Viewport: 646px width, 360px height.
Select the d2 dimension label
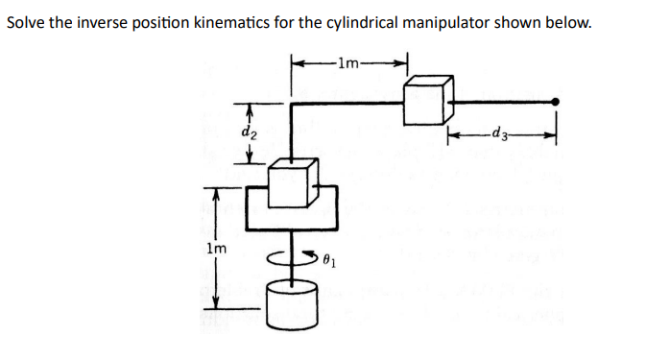(249, 132)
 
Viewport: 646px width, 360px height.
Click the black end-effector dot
(556, 101)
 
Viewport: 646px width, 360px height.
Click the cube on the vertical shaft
(293, 183)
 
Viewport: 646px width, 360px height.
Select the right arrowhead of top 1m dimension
(404, 64)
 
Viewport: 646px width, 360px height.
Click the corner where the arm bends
(293, 102)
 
